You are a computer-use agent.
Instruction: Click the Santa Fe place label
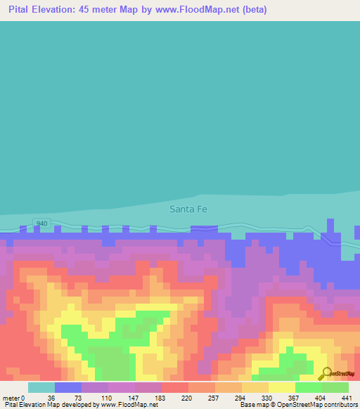point(188,209)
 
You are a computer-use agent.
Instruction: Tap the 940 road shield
point(41,223)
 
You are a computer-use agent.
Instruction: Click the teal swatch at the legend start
point(41,387)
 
